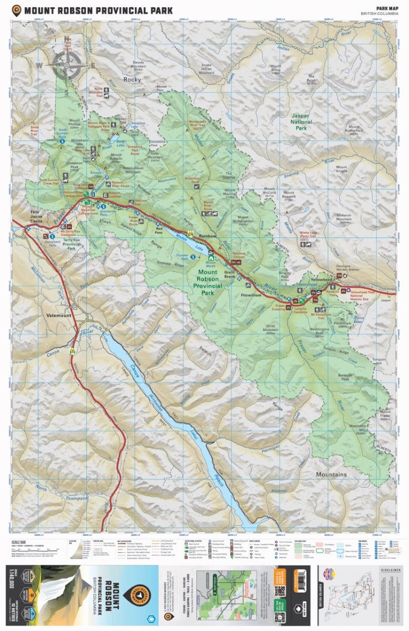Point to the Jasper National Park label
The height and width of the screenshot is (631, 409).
[x=301, y=121]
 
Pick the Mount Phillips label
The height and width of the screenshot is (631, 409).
[x=73, y=125]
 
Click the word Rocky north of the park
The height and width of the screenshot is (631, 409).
[x=132, y=79]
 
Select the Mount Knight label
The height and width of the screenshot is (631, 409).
[x=342, y=169]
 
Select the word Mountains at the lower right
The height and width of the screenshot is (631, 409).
[x=331, y=474]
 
